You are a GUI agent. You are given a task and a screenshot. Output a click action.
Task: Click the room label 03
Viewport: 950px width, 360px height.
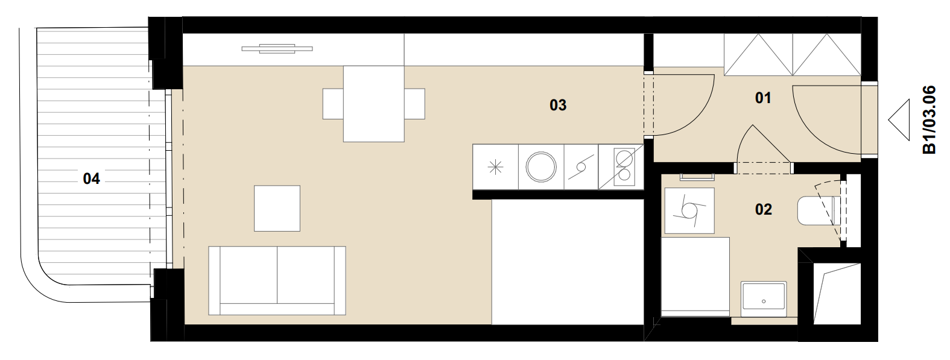(x=558, y=105)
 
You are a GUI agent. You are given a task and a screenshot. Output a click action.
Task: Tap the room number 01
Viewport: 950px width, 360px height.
(x=763, y=98)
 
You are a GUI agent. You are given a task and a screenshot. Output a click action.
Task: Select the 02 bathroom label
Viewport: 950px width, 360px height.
(x=764, y=209)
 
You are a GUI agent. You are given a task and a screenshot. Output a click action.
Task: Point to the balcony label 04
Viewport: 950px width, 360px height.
(x=91, y=178)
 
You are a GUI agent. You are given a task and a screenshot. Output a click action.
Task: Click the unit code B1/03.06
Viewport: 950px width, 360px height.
(x=929, y=119)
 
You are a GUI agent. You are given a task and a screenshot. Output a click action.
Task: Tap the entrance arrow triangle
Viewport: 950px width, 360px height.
(x=899, y=120)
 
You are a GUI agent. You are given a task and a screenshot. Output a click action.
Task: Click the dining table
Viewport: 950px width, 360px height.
(x=373, y=104)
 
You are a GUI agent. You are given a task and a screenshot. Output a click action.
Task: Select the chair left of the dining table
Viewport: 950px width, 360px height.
(x=333, y=104)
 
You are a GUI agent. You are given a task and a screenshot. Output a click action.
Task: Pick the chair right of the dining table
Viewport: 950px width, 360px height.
(x=414, y=104)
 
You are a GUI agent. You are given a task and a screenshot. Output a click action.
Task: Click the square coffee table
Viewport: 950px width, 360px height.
(x=277, y=208)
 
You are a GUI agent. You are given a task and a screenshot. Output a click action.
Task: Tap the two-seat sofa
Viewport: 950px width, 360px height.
(x=277, y=281)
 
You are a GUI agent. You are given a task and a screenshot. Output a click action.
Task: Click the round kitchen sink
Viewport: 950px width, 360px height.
(x=540, y=167)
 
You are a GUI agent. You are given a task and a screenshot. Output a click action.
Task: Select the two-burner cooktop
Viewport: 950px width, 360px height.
(x=624, y=166)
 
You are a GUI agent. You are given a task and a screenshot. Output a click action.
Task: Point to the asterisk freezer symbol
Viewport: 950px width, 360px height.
(x=495, y=167)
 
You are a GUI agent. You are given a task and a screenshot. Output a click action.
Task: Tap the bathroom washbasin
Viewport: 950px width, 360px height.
(x=764, y=299)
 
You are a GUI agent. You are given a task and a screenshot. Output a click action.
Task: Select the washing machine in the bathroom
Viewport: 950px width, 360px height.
(x=689, y=210)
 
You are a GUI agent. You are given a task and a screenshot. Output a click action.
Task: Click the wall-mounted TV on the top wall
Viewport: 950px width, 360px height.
(x=277, y=49)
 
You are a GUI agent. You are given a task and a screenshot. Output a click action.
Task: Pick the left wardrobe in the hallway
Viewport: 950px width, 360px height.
(x=758, y=54)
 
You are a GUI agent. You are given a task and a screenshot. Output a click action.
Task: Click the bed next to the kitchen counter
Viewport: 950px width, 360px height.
(x=568, y=262)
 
